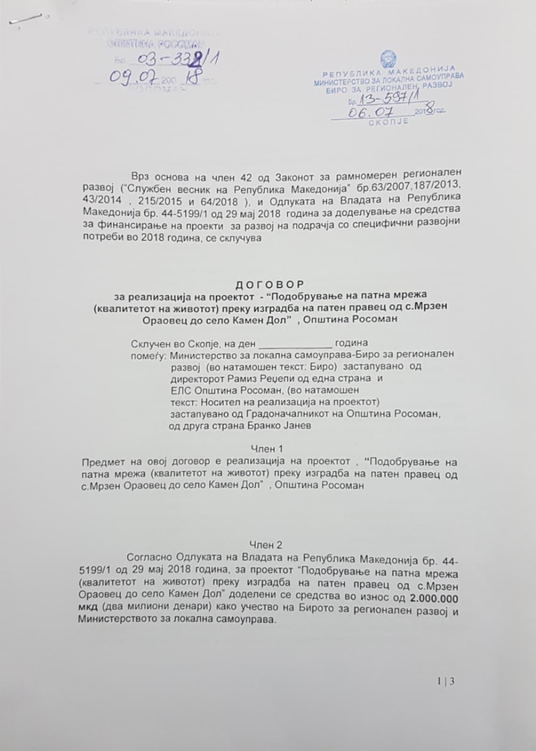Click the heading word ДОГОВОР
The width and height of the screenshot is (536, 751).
[x=270, y=284]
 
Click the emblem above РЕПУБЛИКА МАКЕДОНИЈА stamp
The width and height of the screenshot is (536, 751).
[x=389, y=61]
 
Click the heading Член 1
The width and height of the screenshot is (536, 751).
[x=267, y=449]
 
